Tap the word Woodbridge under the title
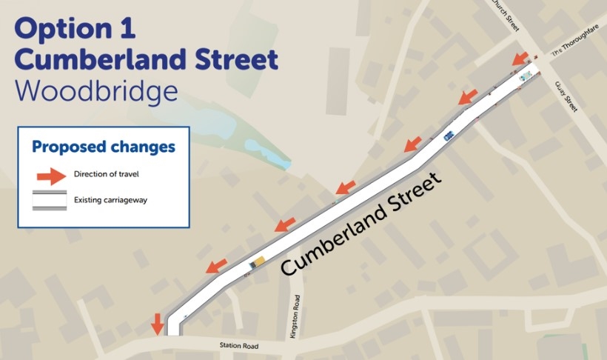point(96,90)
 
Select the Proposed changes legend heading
point(104,147)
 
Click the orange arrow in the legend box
point(50,176)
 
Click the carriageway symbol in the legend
point(50,200)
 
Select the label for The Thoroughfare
point(576,46)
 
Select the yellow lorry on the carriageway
point(258,261)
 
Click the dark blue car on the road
point(449,136)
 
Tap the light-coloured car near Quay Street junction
point(526,76)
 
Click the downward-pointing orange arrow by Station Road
point(157,324)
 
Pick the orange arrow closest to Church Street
point(520,58)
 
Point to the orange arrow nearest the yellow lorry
point(217,264)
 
